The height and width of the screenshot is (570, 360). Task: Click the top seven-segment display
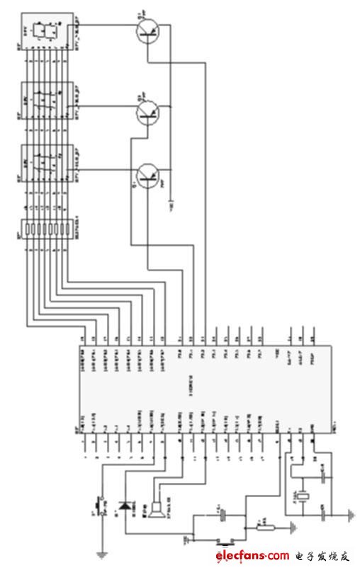(x=48, y=31)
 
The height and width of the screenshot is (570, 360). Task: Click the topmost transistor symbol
(x=148, y=30)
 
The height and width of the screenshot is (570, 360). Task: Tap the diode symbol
(x=127, y=506)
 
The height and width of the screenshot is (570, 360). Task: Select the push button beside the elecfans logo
(x=225, y=544)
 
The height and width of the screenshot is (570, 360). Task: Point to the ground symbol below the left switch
(x=103, y=552)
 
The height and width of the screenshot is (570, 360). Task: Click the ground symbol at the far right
(x=349, y=513)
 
